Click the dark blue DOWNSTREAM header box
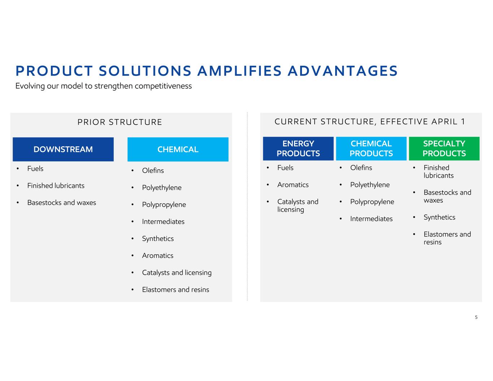[x=63, y=149]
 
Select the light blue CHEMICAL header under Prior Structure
[x=178, y=149]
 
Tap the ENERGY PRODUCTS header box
[x=298, y=148]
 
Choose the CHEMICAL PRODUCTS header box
[x=371, y=148]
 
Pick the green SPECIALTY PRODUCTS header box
[x=444, y=148]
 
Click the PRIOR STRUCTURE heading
[x=120, y=122]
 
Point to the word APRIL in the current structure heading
[x=445, y=122]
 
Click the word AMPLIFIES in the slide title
[x=239, y=71]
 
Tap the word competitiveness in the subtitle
[x=163, y=86]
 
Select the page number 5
[x=476, y=317]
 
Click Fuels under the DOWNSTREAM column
[x=35, y=169]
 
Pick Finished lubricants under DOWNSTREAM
[x=56, y=186]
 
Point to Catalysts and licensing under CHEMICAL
[x=177, y=273]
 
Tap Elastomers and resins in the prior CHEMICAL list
[x=176, y=290]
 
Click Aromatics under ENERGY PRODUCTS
[x=293, y=185]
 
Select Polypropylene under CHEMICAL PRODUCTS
[x=372, y=202]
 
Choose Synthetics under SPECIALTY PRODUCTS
[x=440, y=217]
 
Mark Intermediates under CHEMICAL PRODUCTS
[x=371, y=218]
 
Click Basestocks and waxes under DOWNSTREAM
[x=61, y=203]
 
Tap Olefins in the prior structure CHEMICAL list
[x=153, y=170]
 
